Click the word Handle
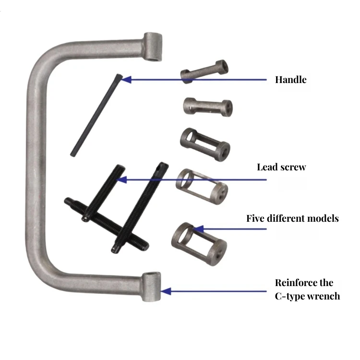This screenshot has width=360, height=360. (290, 80)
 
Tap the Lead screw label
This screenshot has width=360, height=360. (281, 167)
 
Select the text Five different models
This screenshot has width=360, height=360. (292, 218)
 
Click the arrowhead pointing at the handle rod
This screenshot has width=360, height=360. (126, 79)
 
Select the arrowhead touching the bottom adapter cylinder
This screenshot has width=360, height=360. (197, 228)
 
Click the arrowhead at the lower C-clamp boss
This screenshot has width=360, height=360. (165, 291)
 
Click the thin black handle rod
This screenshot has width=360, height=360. (96, 115)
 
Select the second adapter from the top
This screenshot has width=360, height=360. (208, 106)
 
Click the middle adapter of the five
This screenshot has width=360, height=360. (205, 144)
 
